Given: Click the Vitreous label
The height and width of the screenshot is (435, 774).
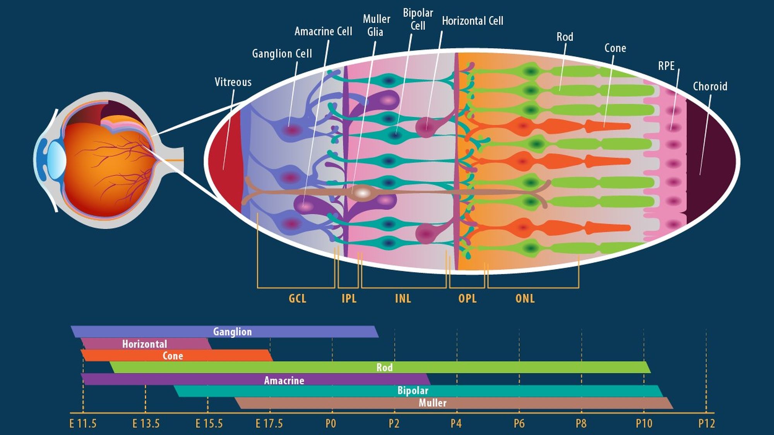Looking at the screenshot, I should [x=233, y=82].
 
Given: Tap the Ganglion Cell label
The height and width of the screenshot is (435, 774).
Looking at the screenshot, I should [x=282, y=53].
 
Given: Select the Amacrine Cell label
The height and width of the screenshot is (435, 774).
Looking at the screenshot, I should [x=323, y=31].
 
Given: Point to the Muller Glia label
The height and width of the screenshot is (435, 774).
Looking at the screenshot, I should [x=376, y=25].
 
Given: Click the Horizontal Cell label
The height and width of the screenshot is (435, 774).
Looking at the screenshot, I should [x=473, y=21].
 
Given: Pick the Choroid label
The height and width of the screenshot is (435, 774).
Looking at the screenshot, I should [x=710, y=86].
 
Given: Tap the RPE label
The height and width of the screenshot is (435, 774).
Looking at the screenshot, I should [x=666, y=66].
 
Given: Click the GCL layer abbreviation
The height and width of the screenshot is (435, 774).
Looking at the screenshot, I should [x=297, y=299].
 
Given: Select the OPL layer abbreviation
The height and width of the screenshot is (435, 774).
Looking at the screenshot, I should [x=467, y=299].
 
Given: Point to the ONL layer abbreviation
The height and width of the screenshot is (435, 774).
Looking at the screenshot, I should [x=525, y=299].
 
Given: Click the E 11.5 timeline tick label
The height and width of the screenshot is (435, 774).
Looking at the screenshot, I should [x=83, y=424].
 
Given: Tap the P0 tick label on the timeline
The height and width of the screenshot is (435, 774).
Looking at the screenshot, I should [x=331, y=424].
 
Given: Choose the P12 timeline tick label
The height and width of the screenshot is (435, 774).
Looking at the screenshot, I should [x=706, y=424].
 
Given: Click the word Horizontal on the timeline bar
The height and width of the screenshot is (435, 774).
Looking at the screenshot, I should [x=144, y=344].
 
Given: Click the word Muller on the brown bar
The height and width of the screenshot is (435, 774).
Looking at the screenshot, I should [x=432, y=403].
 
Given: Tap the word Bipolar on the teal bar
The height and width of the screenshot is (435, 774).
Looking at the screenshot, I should [x=413, y=391].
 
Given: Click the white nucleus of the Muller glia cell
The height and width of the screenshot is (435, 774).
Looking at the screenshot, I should [x=363, y=192].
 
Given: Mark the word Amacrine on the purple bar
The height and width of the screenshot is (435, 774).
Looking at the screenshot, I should [x=284, y=380].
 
